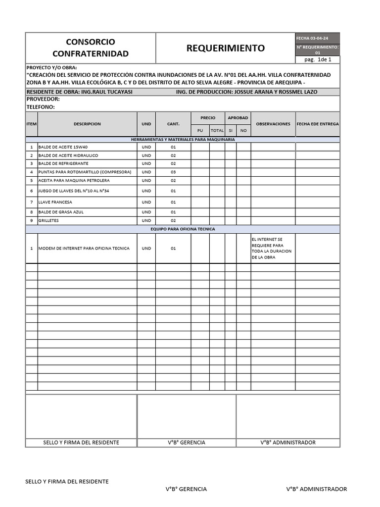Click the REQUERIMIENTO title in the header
pyautogui.click(x=225, y=48)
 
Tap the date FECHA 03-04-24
pyautogui.click(x=311, y=38)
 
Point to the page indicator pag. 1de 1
pyautogui.click(x=318, y=59)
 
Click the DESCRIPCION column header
pyautogui.click(x=87, y=124)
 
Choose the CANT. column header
pyautogui.click(x=173, y=124)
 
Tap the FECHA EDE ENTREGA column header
pyautogui.click(x=318, y=124)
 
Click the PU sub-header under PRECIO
pyautogui.click(x=200, y=130)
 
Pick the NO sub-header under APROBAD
pyautogui.click(x=243, y=130)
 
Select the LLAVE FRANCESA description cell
pyautogui.click(x=55, y=202)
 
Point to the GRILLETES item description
pyautogui.click(x=48, y=220)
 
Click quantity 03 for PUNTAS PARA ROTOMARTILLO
pyautogui.click(x=173, y=172)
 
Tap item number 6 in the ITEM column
pyautogui.click(x=31, y=191)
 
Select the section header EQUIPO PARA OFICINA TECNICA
pyautogui.click(x=183, y=229)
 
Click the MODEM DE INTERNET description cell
pyautogui.click(x=84, y=248)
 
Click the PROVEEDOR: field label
pyautogui.click(x=43, y=99)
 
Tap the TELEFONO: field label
pyautogui.click(x=40, y=106)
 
